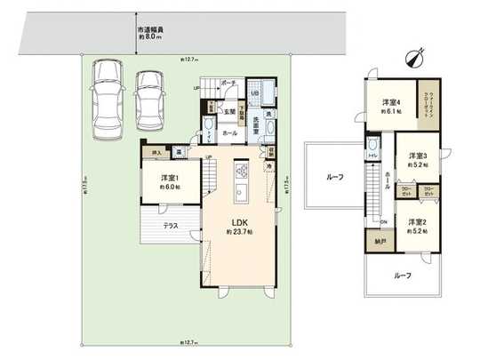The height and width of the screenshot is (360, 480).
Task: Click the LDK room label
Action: (239, 223)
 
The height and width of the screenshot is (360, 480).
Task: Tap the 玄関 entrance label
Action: (229, 111)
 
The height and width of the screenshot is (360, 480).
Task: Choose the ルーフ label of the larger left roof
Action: (334, 178)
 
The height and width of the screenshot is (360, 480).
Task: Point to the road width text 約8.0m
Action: (148, 38)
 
